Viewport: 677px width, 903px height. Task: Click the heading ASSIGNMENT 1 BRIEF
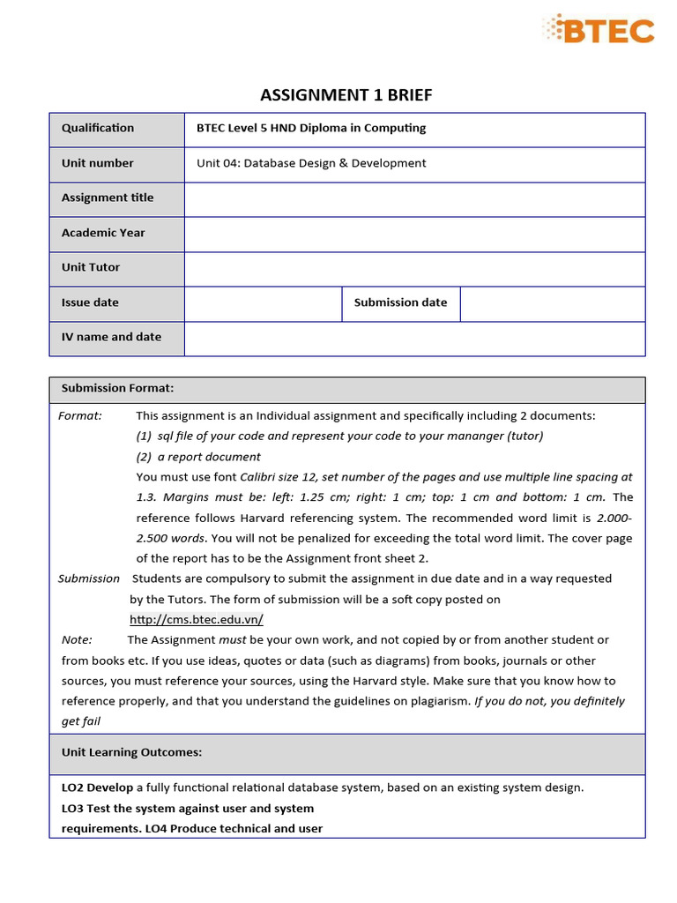click(x=346, y=95)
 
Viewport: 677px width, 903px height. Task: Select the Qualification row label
click(x=98, y=128)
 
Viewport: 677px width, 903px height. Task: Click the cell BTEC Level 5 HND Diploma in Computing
click(x=310, y=128)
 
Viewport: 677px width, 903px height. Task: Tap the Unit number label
click(x=98, y=163)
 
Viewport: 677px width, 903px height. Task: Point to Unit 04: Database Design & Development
click(x=310, y=163)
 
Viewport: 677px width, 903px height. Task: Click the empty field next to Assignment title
click(x=414, y=198)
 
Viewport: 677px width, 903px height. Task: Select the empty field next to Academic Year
click(x=414, y=234)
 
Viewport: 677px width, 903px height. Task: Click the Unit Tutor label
click(x=91, y=267)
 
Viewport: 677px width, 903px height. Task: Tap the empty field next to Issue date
click(x=263, y=302)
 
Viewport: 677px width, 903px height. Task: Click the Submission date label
click(x=400, y=302)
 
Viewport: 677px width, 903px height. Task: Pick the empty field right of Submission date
click(x=553, y=302)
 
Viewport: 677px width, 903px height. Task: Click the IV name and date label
click(x=111, y=337)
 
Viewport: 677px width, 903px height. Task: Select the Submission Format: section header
click(x=117, y=388)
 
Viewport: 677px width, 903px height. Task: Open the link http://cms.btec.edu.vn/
click(x=197, y=620)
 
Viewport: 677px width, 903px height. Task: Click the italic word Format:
click(x=80, y=415)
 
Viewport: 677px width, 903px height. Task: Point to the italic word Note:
click(x=77, y=640)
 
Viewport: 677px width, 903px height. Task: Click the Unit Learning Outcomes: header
click(x=131, y=752)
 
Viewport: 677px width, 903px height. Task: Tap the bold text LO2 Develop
click(x=97, y=787)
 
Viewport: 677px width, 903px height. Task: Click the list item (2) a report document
click(x=198, y=457)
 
